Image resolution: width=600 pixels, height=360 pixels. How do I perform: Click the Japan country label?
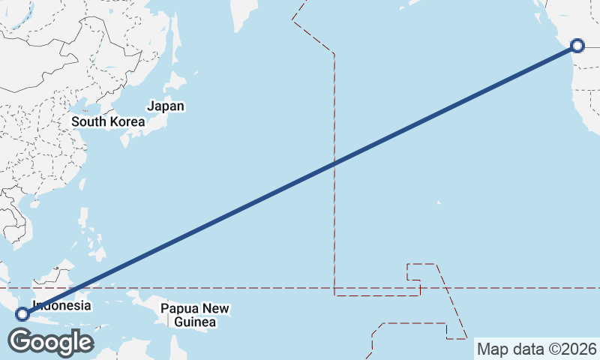pos(166,106)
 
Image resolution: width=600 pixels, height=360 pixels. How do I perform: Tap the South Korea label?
pos(108,121)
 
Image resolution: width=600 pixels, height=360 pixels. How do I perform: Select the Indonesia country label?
pos(61,306)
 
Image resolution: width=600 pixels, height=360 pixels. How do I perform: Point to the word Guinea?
pos(195,322)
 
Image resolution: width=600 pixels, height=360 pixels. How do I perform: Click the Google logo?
pos(50,342)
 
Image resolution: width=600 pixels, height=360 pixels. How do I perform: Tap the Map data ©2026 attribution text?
pos(537,349)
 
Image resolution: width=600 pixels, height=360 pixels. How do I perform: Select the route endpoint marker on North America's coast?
pos(577,46)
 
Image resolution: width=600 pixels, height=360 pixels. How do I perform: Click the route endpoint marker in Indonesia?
pos(22,313)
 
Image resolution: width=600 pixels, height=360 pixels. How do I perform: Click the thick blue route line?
pos(300,179)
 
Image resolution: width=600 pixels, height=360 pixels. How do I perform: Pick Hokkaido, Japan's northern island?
pos(181,81)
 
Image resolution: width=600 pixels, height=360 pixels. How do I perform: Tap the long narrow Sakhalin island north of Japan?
pos(175,37)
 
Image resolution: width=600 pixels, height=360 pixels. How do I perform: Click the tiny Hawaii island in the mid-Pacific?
pos(439,202)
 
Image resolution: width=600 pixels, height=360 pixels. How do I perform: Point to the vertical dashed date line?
pos(334,225)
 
